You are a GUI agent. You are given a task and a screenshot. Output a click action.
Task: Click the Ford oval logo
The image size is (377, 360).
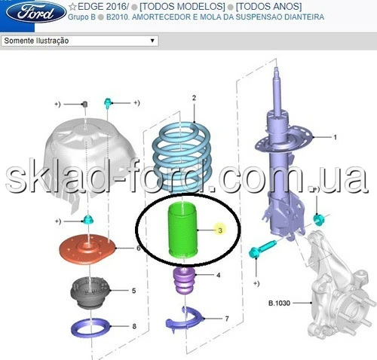[x=36, y=12]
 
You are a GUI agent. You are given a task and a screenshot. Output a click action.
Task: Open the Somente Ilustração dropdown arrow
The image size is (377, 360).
[x=152, y=41]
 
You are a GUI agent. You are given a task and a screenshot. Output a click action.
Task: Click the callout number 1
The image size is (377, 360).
[x=335, y=137]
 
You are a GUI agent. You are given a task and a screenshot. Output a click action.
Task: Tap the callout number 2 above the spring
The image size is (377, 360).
[x=194, y=98]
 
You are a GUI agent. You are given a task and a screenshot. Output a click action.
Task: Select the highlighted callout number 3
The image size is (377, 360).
[x=220, y=230]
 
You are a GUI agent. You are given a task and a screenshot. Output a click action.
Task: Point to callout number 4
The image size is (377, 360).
[x=219, y=276]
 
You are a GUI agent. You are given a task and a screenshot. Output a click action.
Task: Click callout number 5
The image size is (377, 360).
[x=133, y=291]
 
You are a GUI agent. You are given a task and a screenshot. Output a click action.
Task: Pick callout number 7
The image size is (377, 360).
[x=227, y=319]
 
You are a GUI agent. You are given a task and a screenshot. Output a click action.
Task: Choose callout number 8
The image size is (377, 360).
[x=134, y=326]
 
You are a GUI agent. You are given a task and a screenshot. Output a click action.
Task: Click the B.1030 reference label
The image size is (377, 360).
[x=279, y=303]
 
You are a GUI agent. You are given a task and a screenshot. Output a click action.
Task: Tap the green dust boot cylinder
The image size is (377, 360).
[x=183, y=230]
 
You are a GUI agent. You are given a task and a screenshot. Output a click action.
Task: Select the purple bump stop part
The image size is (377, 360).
[x=183, y=280]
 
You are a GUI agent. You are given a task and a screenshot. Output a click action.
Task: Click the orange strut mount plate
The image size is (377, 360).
[x=87, y=249]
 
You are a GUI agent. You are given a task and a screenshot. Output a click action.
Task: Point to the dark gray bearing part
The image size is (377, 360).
[x=90, y=293]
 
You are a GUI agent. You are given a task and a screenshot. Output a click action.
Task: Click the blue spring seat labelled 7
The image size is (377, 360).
[x=183, y=319]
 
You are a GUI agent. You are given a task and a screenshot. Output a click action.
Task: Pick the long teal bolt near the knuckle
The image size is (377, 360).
[x=262, y=249]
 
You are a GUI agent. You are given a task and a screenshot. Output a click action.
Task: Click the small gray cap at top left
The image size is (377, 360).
[x=85, y=104]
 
